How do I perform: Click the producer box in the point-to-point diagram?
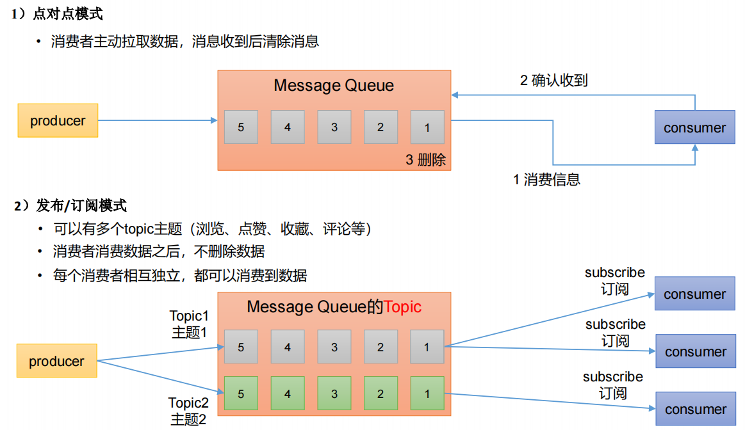58,120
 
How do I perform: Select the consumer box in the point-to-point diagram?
694,127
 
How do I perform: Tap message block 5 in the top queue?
241,127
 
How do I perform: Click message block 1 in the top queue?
427,127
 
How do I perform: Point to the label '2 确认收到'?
553,81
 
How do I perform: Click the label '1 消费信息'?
546,180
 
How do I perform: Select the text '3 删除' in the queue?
425,160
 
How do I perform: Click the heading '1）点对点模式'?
57,14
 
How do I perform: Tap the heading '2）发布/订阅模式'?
70,205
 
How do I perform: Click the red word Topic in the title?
402,307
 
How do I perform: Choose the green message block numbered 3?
334,394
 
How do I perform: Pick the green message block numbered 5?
241,394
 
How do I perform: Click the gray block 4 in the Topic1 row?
288,347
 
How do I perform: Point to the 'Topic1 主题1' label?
189,324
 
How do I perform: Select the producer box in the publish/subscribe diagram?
56,361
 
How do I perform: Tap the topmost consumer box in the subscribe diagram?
694,294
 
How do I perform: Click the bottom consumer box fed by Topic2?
695,409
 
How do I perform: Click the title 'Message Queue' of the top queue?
334,86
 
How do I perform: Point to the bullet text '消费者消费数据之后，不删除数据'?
158,252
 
